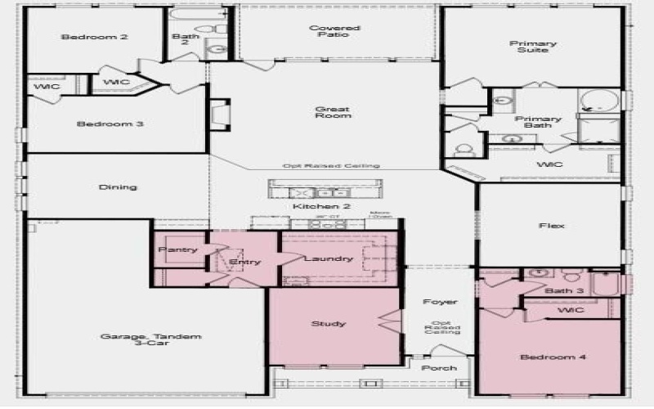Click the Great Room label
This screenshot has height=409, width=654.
click(x=333, y=112)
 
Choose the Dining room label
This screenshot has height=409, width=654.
click(x=118, y=187)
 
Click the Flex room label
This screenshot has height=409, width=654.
click(x=552, y=226)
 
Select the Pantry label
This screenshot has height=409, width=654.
click(x=177, y=249)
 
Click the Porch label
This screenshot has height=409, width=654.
click(x=439, y=368)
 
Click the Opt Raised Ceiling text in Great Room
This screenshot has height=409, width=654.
click(x=331, y=166)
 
